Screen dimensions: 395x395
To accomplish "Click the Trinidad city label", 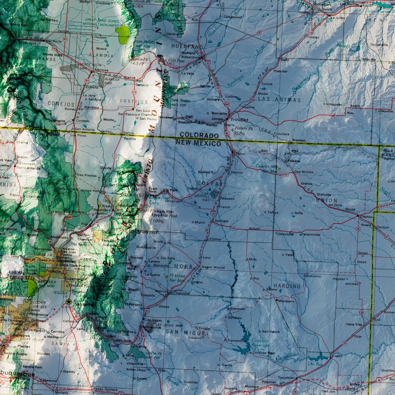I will [x=239, y=120].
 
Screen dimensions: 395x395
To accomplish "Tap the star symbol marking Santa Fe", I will [x=69, y=302].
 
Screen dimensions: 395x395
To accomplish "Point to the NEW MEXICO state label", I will [x=198, y=143].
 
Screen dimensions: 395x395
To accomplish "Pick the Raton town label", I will [x=241, y=154].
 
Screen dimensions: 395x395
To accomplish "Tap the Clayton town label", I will [x=366, y=216].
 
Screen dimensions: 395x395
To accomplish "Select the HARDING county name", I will [x=287, y=286].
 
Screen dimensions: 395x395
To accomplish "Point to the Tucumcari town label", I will [x=287, y=378].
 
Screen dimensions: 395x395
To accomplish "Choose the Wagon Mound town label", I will [x=213, y=267].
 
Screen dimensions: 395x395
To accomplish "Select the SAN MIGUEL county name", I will [x=187, y=332].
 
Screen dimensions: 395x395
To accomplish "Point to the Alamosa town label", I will [x=101, y=70].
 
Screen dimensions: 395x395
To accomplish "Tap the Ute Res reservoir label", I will [x=315, y=364].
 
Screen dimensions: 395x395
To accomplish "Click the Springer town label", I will [x=222, y=221].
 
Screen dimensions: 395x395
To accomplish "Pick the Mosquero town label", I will [x=286, y=301].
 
